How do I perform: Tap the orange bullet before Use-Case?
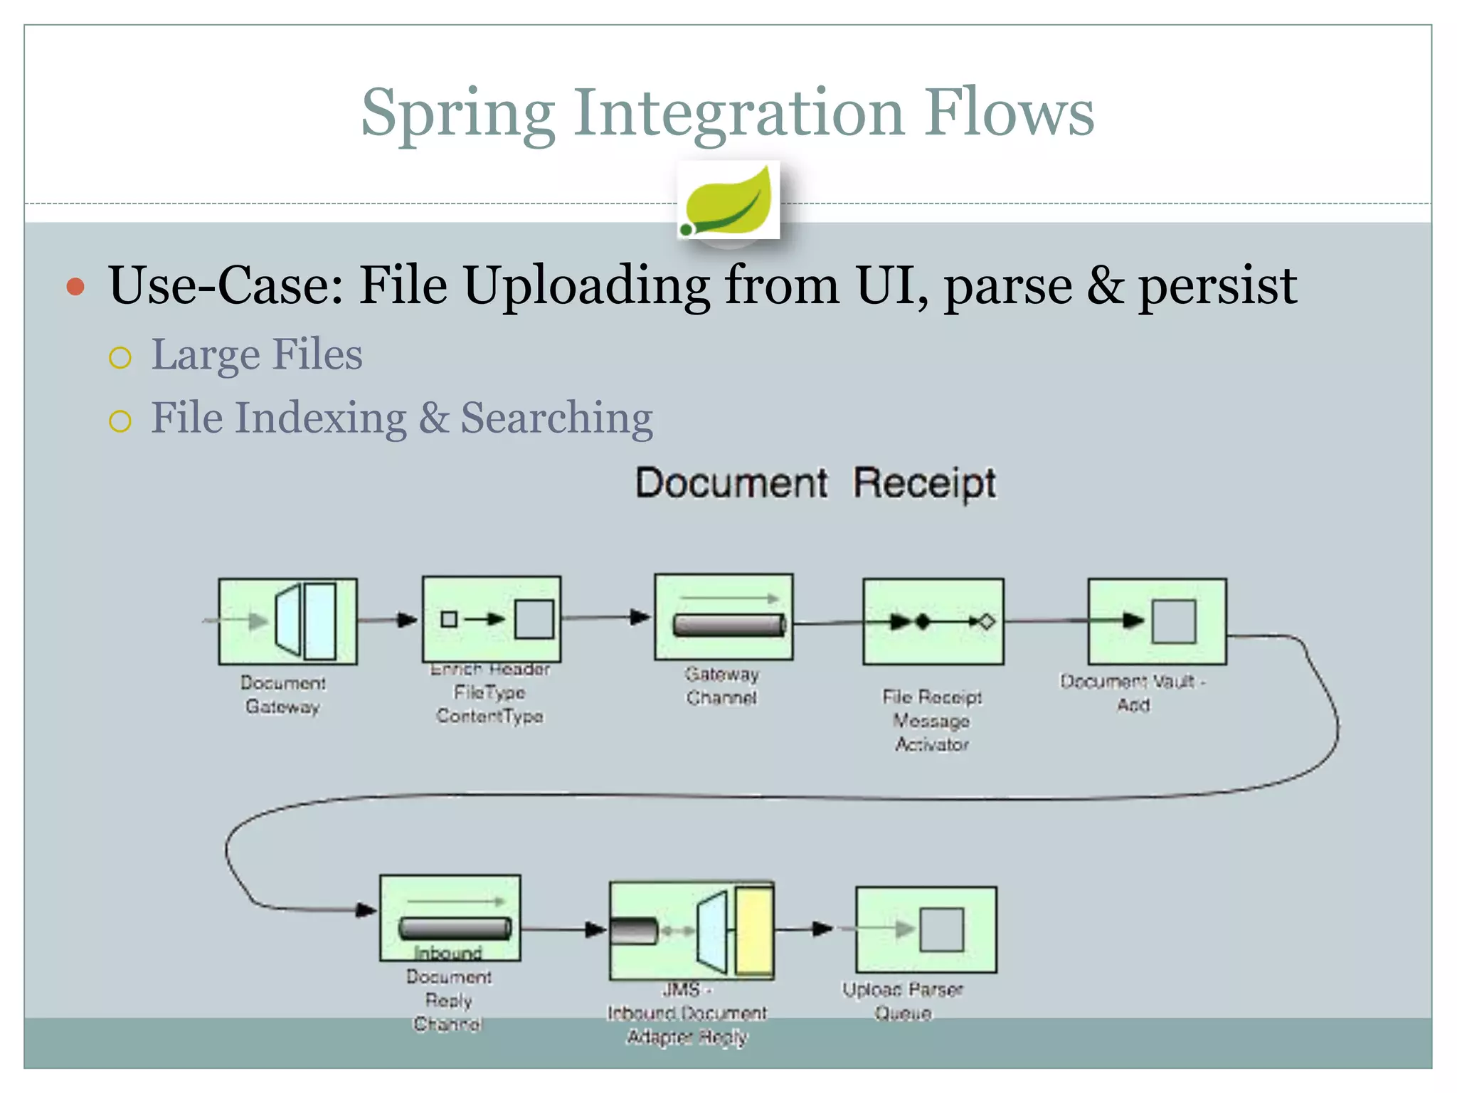[x=75, y=287]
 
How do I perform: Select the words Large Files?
[x=256, y=354]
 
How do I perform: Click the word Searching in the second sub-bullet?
[x=556, y=418]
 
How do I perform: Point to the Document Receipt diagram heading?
[x=815, y=483]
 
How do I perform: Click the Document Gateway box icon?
[x=287, y=621]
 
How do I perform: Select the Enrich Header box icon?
[x=492, y=618]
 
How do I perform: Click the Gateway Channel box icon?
[x=724, y=616]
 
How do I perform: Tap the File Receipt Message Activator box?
[x=933, y=621]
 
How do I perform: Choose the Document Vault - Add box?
[x=1157, y=621]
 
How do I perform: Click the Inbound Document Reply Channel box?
[x=450, y=917]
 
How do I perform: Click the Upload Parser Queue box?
[x=926, y=929]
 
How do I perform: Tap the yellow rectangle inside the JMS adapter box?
[x=754, y=929]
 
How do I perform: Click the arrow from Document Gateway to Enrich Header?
[x=388, y=620]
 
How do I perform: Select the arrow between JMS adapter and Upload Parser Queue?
[x=804, y=929]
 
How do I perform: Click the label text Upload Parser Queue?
[x=902, y=1000]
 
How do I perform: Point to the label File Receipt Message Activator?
[x=931, y=720]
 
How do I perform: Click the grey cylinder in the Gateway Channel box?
[x=728, y=625]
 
